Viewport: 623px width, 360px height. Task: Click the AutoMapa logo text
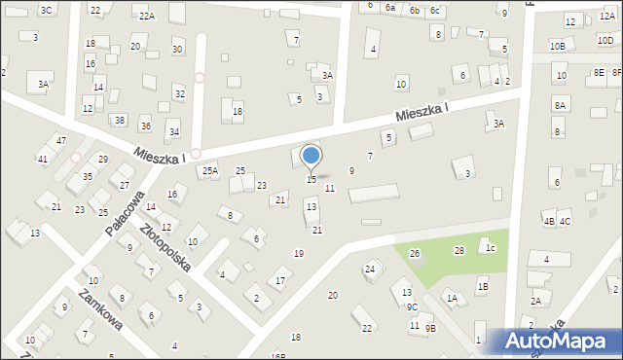point(558,342)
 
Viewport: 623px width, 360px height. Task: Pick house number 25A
point(209,170)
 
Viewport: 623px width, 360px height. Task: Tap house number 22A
point(146,16)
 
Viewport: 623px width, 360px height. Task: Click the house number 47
point(60,141)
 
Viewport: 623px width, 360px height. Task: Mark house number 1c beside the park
point(492,248)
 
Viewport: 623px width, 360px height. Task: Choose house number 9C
point(412,306)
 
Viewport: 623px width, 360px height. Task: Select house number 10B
point(557,46)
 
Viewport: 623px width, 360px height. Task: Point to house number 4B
point(549,222)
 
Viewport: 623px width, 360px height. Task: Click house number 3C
point(46,10)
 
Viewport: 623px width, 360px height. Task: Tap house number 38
point(119,121)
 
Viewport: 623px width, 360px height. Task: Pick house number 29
point(102,159)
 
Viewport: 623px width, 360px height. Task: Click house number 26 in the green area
point(414,254)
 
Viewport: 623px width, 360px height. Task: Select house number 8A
point(560,105)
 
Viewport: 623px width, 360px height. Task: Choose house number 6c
point(435,10)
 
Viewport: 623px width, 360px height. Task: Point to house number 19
point(299,254)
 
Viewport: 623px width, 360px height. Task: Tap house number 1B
point(482,286)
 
